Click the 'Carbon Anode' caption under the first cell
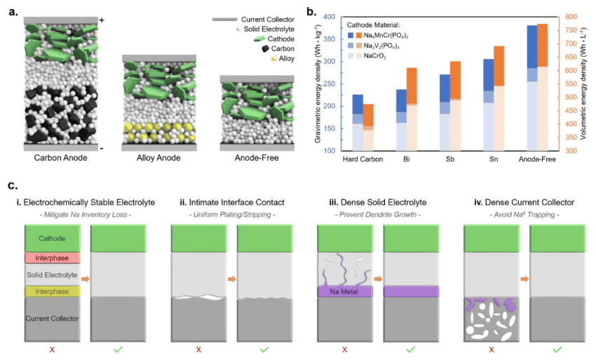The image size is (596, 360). coord(60,158)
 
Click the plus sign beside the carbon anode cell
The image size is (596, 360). coord(102,20)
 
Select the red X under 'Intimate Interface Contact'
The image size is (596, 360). coord(198,348)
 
